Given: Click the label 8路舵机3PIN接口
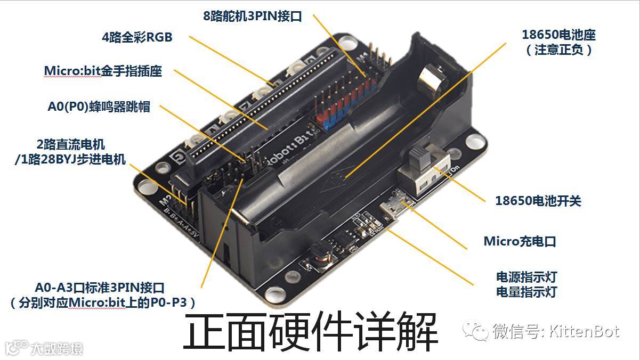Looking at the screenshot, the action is [252, 16].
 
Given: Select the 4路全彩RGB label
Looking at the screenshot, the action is [137, 37].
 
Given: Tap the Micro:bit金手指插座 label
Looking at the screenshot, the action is [103, 71].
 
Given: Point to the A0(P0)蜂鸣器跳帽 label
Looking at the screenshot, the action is [99, 107].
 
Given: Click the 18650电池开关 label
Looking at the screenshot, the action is [538, 201].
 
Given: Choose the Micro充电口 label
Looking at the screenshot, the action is [520, 241].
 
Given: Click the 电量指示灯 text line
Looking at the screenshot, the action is [526, 292].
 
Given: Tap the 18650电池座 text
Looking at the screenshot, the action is [558, 35].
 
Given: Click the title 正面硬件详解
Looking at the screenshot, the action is [311, 332].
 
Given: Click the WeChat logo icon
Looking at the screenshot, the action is [475, 331].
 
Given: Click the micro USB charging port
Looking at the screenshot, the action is [396, 204].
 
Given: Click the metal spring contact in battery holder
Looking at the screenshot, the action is [432, 78].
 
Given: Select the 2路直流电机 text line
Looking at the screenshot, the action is [70, 144].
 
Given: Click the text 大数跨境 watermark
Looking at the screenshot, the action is [56, 349].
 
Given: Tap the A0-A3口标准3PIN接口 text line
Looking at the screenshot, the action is [100, 288].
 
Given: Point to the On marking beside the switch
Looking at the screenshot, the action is [455, 169].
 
